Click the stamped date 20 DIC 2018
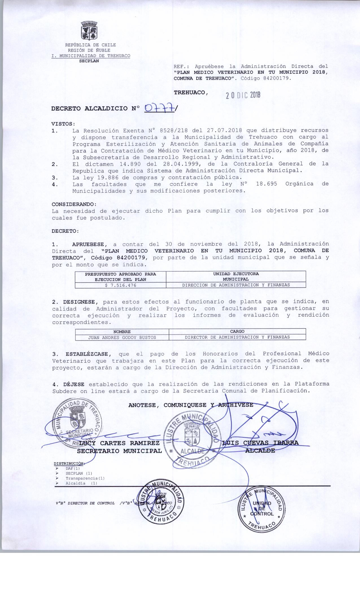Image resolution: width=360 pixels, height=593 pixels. [x=243, y=95]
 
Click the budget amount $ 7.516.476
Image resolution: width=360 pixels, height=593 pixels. [x=121, y=285]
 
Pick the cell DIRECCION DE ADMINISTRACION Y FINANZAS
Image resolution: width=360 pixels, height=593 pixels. [x=236, y=285]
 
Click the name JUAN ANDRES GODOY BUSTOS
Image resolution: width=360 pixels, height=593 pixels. [x=122, y=337]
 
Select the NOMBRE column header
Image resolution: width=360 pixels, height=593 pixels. [x=122, y=332]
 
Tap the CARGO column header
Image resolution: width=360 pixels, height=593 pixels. [x=237, y=332]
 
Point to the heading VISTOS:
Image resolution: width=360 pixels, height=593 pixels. [x=64, y=124]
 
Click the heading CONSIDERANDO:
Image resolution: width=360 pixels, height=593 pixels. [x=74, y=204]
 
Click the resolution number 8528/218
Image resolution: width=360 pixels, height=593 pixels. [x=174, y=130]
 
